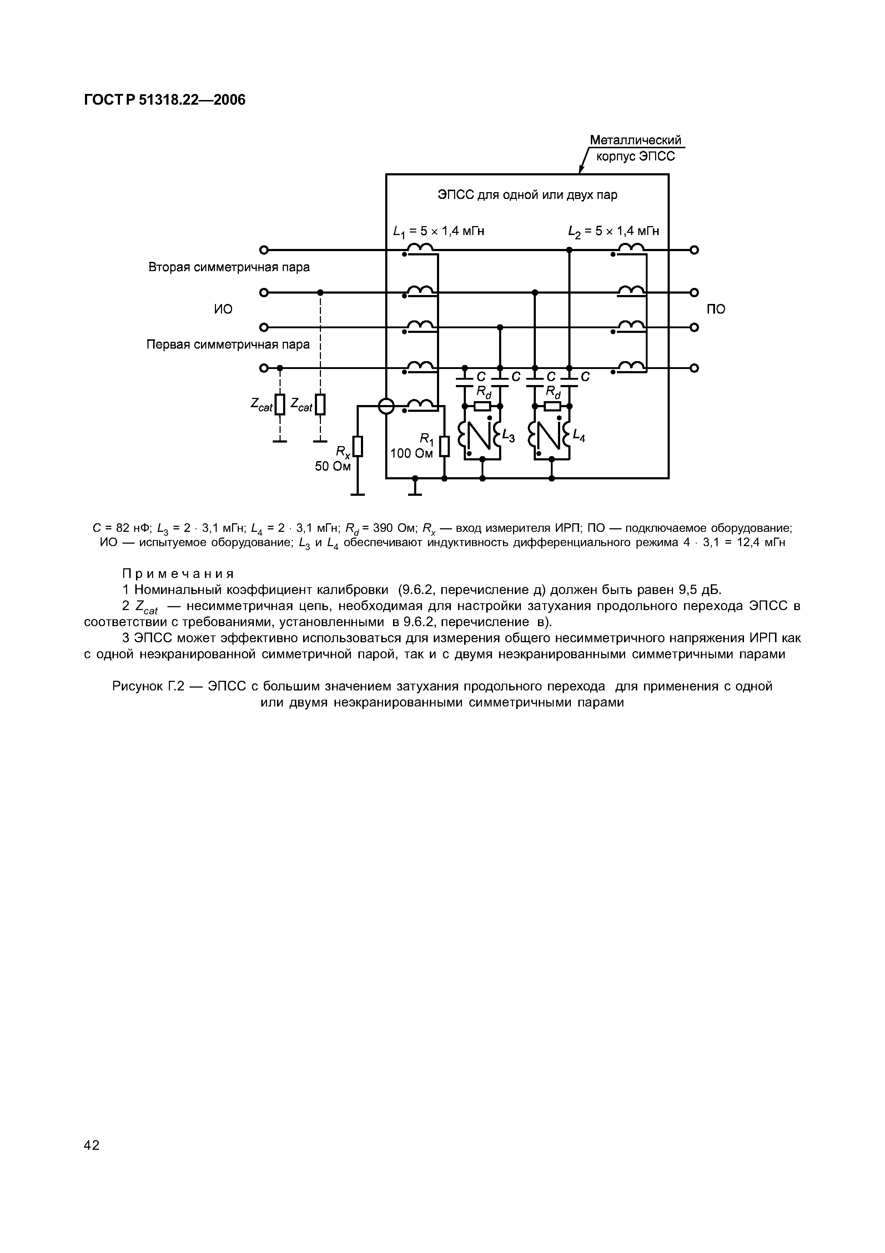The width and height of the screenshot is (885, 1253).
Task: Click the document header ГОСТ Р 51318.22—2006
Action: coord(165,100)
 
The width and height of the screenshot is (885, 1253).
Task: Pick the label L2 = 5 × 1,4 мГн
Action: coord(613,231)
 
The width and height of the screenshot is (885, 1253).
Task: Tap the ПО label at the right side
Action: coord(716,309)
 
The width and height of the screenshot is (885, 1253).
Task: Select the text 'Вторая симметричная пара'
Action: coord(229,268)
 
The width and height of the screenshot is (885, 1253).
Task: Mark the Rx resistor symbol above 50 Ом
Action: coord(358,446)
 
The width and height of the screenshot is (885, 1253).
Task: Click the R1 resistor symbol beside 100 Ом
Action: coord(444,446)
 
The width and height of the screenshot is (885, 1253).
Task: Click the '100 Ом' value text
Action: coord(411,454)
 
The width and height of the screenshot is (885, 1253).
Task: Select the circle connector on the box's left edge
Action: coord(386,406)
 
